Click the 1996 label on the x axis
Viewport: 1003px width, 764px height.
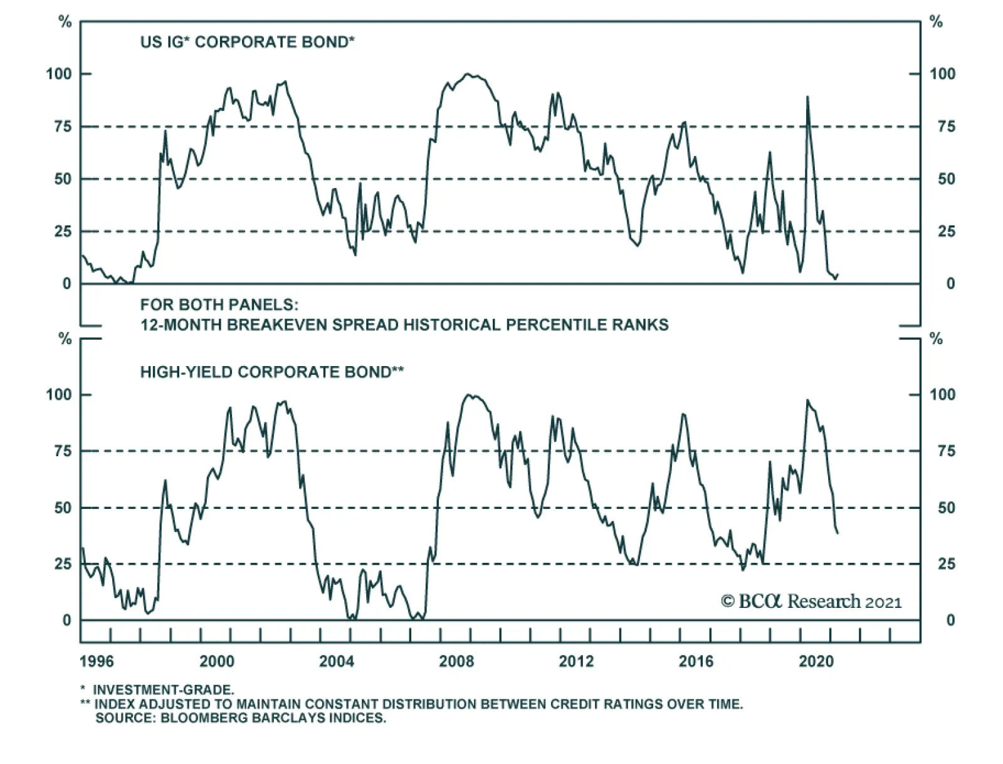(97, 662)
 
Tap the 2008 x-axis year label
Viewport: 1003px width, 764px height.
(456, 662)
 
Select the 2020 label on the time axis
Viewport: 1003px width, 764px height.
(816, 662)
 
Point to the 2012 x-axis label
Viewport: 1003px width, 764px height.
(576, 662)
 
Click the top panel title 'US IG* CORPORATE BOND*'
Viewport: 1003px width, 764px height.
(248, 43)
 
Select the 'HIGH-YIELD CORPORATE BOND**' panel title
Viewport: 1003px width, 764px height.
(271, 372)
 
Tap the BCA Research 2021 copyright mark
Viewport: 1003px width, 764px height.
(811, 602)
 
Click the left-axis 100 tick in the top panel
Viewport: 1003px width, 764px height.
(59, 74)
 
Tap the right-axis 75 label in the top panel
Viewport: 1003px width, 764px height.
(942, 127)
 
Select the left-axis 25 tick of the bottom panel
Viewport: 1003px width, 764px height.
(62, 564)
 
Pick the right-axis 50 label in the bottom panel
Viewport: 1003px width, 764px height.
(942, 508)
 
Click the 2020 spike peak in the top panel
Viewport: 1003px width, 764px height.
(807, 97)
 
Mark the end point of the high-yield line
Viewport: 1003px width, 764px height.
(838, 533)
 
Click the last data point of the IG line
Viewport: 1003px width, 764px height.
(838, 274)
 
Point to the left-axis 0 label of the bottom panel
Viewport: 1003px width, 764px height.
(66, 620)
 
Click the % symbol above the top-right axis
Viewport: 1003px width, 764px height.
(937, 23)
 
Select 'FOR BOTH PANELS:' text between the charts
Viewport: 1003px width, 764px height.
(219, 305)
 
